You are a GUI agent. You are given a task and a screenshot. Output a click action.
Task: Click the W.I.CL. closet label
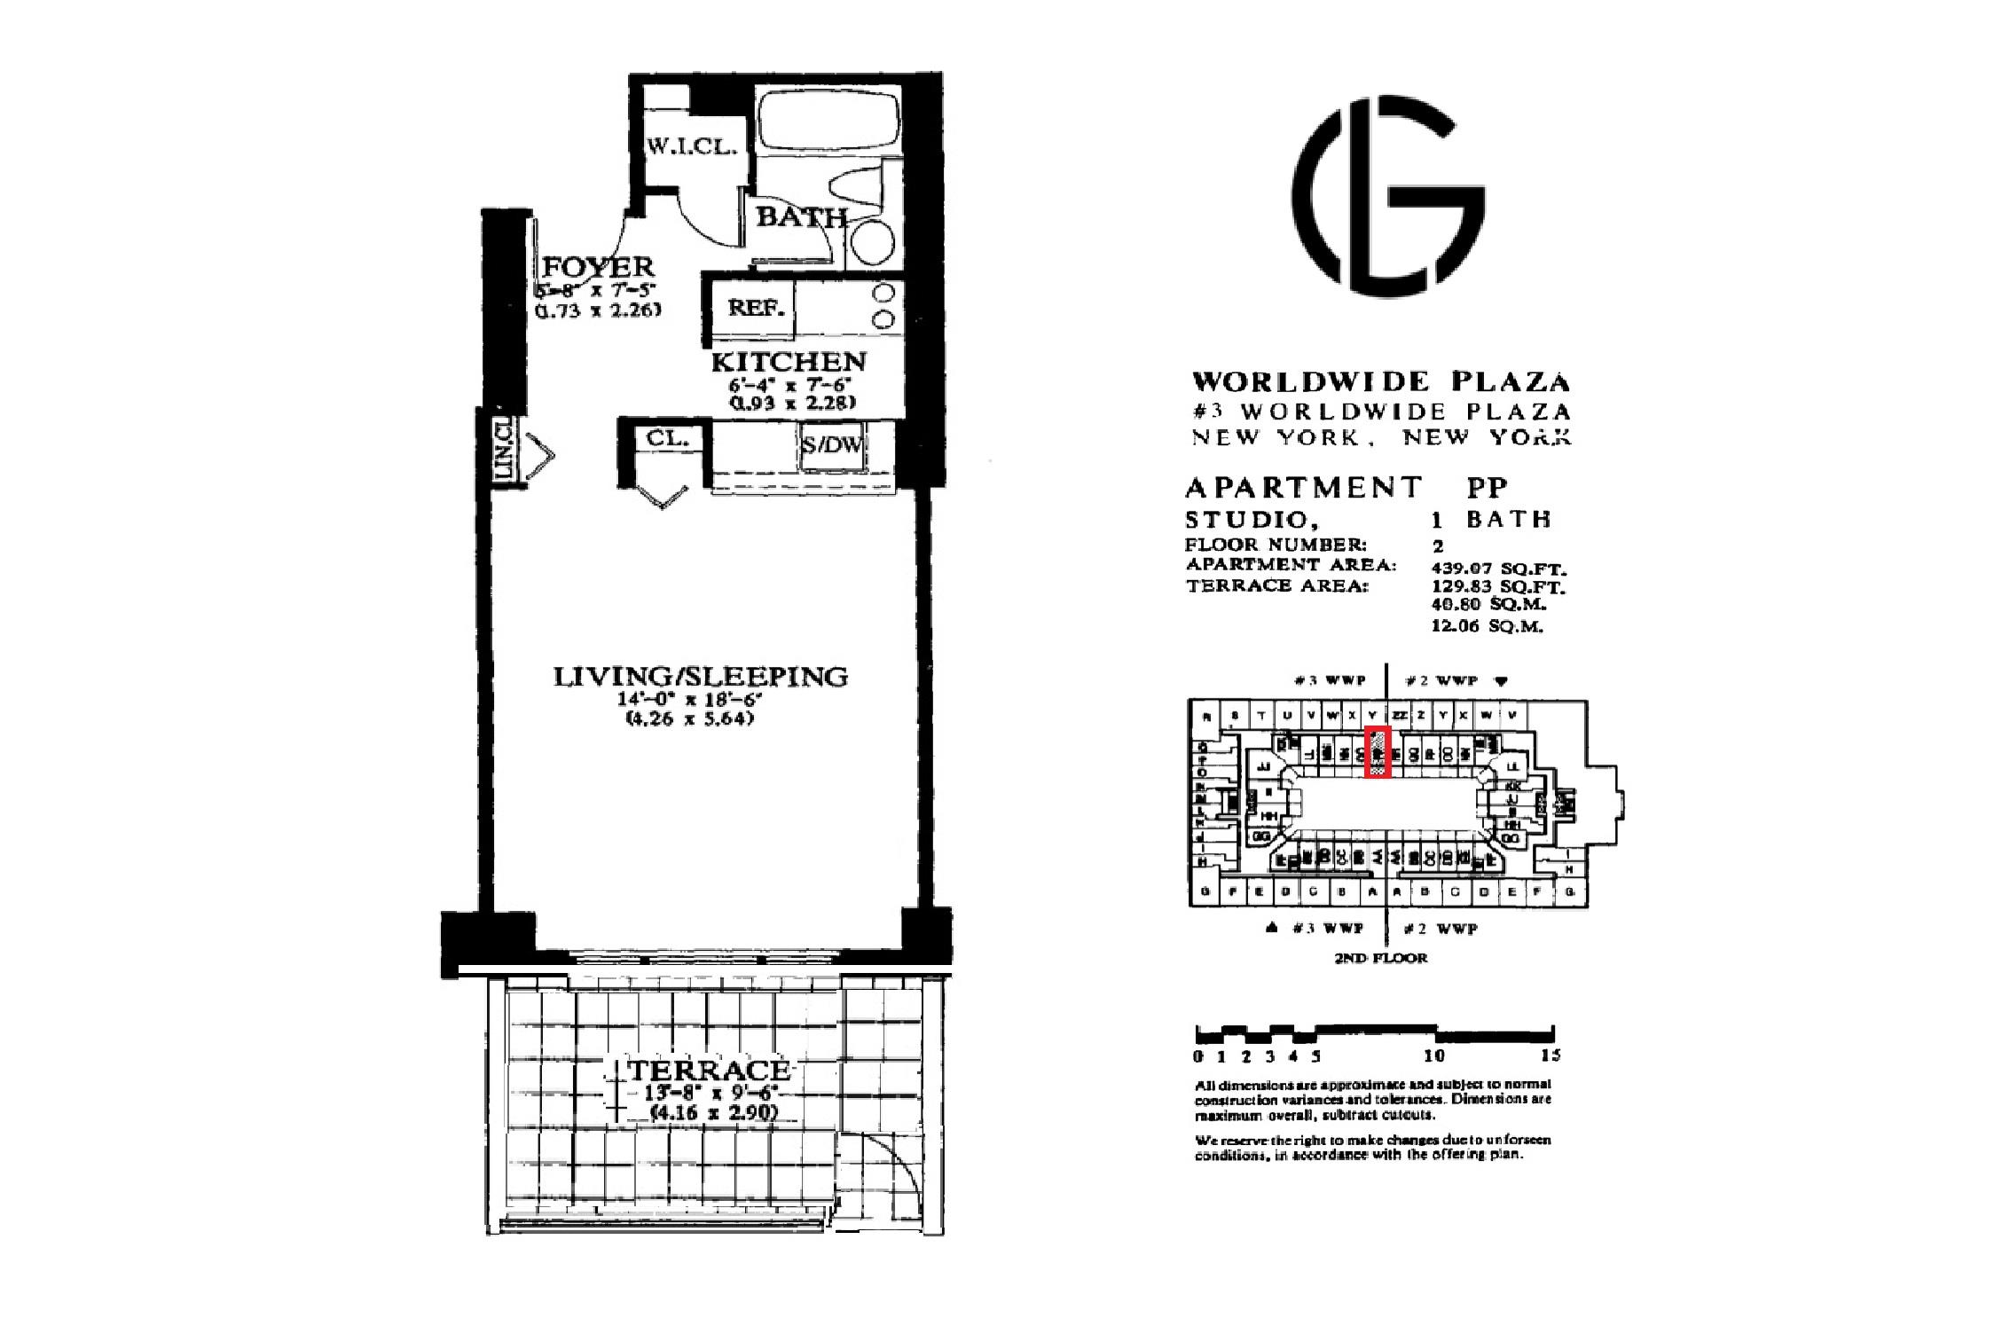point(691,147)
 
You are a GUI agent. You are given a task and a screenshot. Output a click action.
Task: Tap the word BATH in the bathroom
point(800,216)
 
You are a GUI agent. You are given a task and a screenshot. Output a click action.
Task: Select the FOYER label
point(598,266)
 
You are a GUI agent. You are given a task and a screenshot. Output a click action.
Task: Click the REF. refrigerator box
point(756,309)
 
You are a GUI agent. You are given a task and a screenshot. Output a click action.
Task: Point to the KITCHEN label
point(789,362)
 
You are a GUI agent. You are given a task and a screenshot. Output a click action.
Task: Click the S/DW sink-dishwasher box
point(831,445)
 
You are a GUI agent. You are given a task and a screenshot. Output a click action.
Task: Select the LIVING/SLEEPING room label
point(701,677)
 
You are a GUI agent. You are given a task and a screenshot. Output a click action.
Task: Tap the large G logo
point(1388,195)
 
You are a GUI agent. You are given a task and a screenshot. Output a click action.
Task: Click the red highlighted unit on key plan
point(1377,751)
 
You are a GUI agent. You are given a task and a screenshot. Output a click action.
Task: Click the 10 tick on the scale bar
point(1434,1055)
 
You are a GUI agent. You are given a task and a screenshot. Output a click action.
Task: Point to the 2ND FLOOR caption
point(1381,958)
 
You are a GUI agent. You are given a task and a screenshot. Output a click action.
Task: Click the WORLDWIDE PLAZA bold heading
point(1381,382)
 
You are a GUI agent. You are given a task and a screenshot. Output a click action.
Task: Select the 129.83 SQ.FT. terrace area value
point(1499,587)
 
